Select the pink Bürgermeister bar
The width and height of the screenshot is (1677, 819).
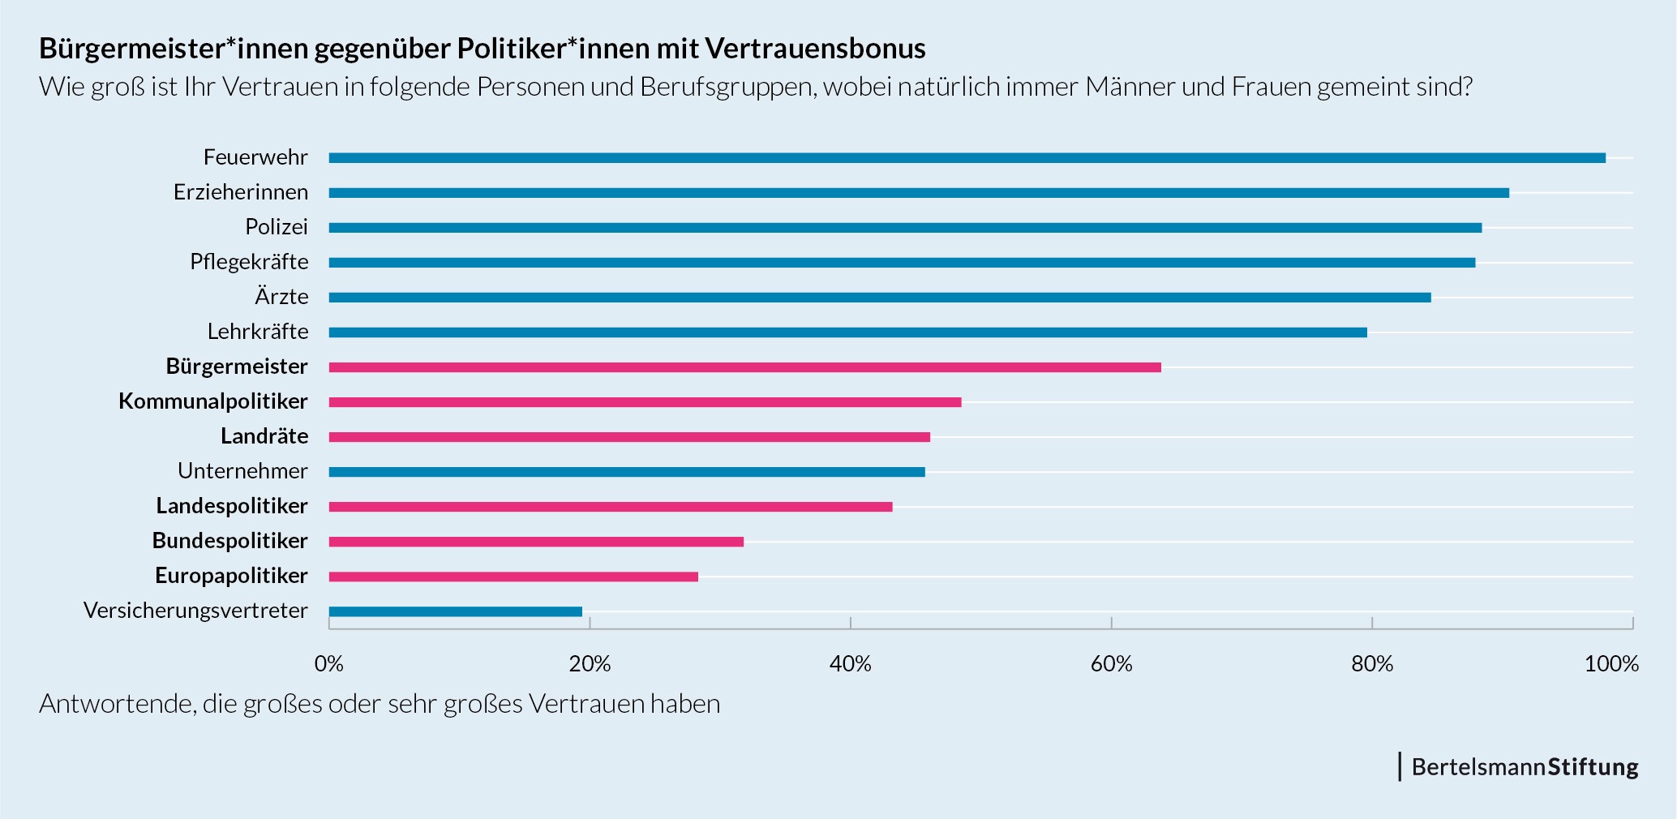(x=744, y=367)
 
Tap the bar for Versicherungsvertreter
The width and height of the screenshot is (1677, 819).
(x=455, y=611)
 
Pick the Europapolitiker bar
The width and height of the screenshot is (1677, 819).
(x=513, y=577)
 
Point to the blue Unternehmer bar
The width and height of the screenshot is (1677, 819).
(x=626, y=472)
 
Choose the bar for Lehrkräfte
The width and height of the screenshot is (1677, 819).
(x=847, y=332)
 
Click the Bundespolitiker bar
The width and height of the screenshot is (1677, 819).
(x=536, y=542)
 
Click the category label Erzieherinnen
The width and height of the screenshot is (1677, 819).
(x=241, y=192)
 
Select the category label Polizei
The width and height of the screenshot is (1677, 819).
(x=277, y=227)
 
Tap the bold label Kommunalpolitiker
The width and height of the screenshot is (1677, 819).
(x=213, y=401)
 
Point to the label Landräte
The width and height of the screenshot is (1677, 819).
(x=264, y=436)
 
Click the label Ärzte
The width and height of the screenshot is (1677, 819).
(x=281, y=297)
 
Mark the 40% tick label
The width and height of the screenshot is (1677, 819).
(x=850, y=664)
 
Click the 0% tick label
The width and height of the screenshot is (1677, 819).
(x=328, y=664)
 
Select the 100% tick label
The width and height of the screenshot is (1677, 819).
(x=1611, y=664)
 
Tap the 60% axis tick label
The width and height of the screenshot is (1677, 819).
(x=1111, y=664)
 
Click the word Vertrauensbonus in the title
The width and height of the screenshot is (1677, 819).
(x=815, y=49)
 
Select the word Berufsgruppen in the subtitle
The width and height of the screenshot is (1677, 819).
(x=727, y=87)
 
